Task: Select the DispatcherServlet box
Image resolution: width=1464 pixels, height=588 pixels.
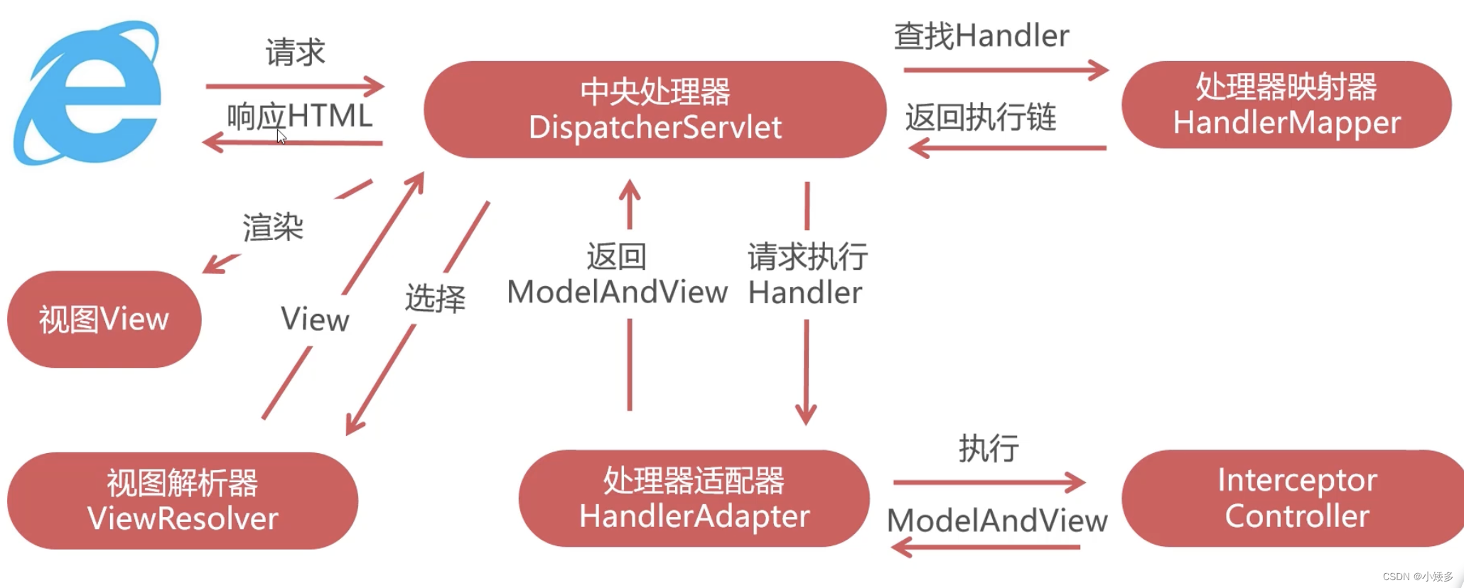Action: pos(655,109)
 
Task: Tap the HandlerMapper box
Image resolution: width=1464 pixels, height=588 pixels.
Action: pos(1286,105)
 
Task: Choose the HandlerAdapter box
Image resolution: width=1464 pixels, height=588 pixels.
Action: pos(694,499)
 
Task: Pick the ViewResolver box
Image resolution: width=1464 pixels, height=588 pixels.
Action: pos(183,501)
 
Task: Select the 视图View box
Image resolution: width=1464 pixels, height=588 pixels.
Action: pos(104,320)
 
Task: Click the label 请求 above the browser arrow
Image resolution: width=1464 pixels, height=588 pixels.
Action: pos(295,53)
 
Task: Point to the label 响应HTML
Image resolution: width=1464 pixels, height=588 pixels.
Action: pos(299,116)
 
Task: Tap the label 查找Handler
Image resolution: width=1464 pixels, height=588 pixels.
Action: pos(981,36)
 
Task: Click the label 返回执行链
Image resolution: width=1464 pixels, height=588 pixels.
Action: pos(980,117)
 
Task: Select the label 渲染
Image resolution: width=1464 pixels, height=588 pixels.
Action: pos(273,227)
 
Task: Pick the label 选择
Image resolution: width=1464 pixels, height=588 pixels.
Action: pos(435,298)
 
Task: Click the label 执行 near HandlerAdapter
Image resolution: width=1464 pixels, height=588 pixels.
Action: pos(989,448)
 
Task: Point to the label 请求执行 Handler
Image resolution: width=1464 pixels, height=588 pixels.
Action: pos(807,274)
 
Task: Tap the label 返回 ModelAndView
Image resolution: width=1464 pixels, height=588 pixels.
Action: pos(617,274)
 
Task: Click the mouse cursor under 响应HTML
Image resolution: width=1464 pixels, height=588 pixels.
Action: pos(281,137)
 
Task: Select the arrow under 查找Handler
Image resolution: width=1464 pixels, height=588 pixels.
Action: pos(1005,70)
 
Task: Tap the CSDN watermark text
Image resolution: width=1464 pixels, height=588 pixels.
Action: pos(1417,577)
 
